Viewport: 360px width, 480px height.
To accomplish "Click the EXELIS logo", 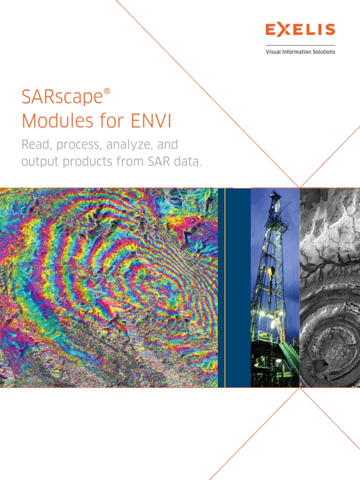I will (300, 30).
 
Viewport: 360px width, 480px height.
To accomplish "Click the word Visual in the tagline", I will (273, 52).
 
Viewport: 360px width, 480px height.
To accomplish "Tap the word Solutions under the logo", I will (323, 52).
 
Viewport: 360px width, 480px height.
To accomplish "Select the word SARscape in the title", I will (61, 97).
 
